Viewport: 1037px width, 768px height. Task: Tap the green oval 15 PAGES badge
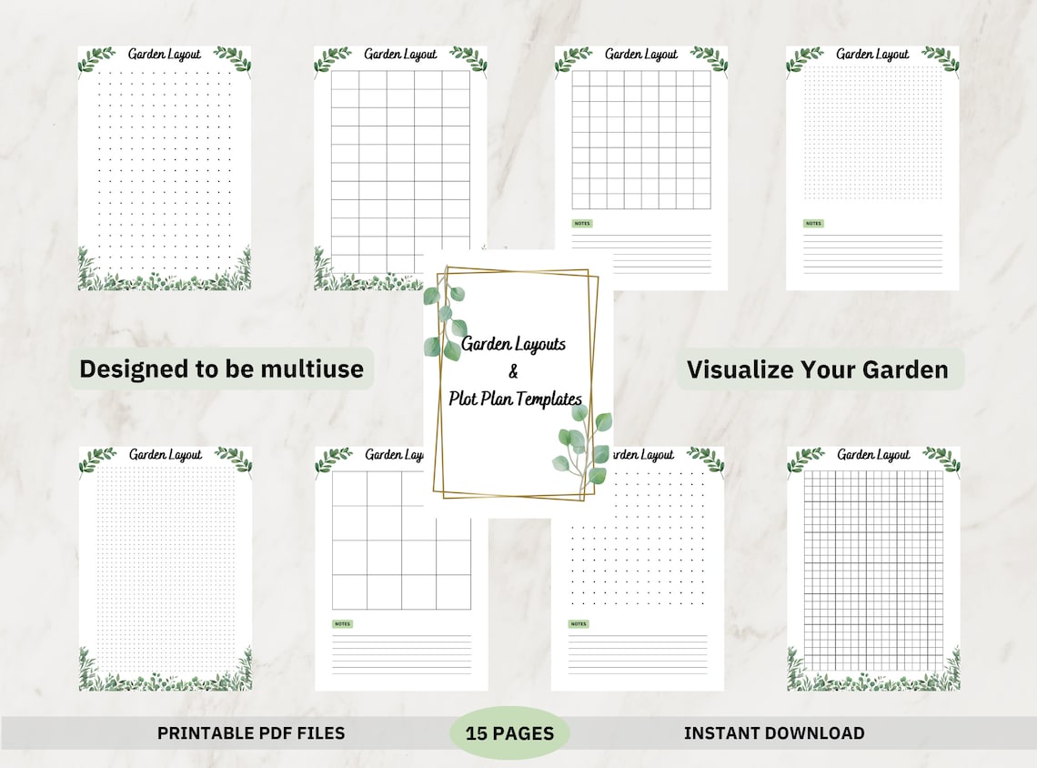(509, 733)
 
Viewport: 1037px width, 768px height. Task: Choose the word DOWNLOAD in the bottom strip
(815, 733)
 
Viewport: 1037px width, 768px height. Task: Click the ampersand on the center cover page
(512, 371)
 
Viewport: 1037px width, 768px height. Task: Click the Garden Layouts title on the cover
(514, 344)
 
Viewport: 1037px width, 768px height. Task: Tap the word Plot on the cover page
(464, 398)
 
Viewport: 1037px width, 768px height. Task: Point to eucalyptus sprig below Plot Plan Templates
(583, 446)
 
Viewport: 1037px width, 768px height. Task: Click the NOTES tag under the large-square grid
(342, 624)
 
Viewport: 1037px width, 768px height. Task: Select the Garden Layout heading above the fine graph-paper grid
(873, 454)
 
